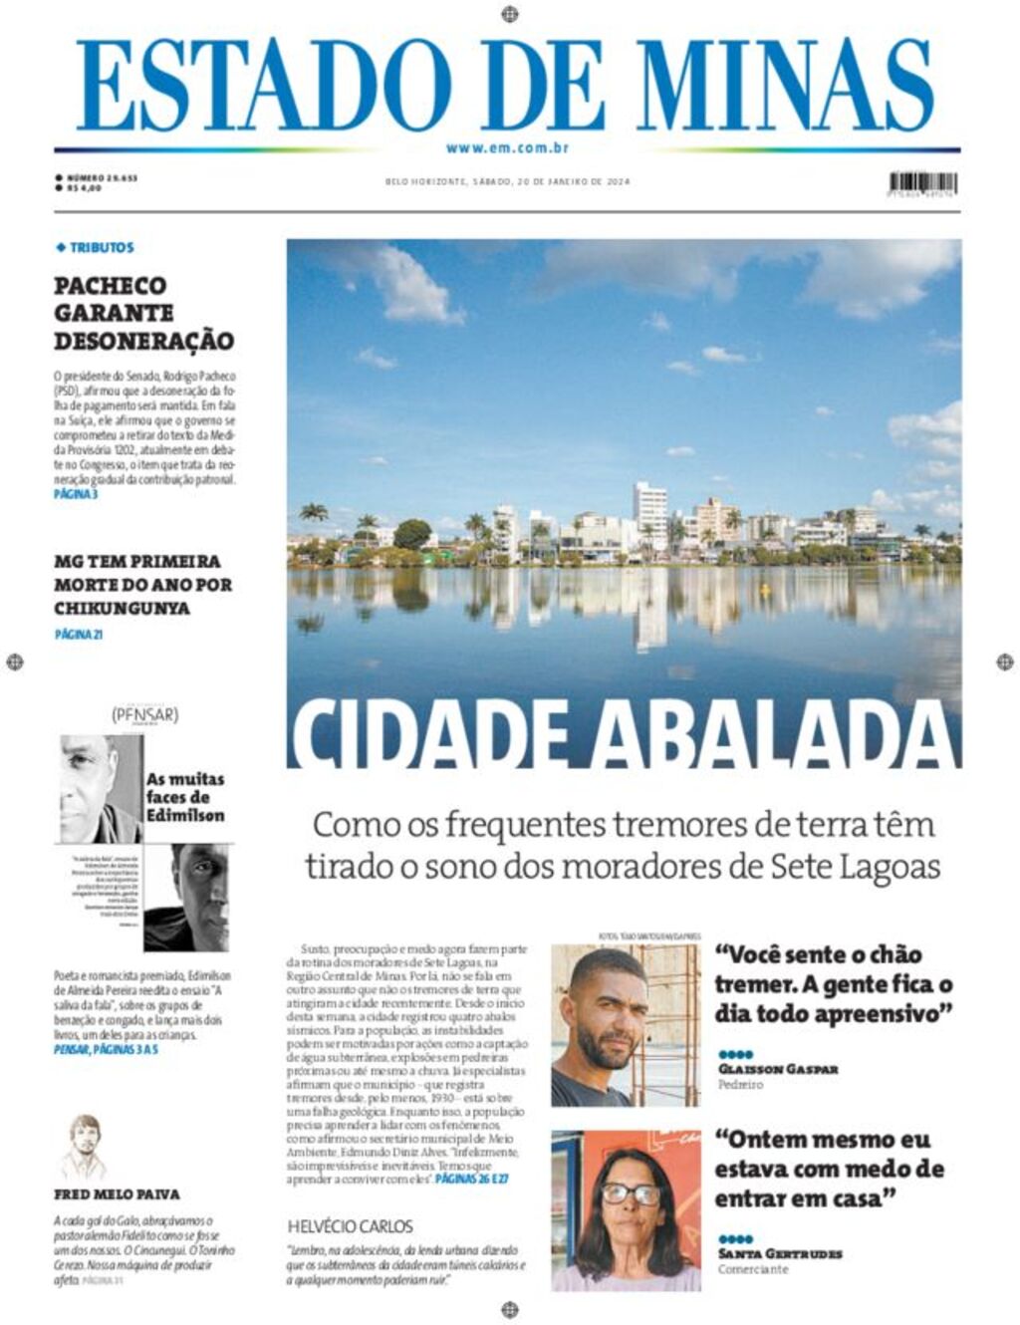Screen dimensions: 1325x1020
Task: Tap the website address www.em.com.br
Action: tap(507, 148)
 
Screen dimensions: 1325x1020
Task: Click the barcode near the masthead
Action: tap(922, 183)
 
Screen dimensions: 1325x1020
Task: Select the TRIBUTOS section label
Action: tap(101, 247)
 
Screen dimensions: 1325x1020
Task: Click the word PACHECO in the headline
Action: tap(111, 286)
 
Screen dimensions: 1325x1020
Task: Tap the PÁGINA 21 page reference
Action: tap(79, 634)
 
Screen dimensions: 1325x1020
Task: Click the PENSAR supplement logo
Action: tap(145, 714)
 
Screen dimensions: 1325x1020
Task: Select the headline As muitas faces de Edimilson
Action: tap(185, 797)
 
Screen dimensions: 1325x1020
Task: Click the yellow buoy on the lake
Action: tap(765, 588)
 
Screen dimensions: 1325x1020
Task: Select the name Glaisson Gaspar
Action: tap(778, 1069)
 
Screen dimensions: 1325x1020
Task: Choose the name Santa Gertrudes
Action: tap(780, 1253)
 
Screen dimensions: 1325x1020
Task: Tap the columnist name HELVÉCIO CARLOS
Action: tap(350, 1226)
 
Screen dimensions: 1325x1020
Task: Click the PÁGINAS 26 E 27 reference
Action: tap(472, 1179)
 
